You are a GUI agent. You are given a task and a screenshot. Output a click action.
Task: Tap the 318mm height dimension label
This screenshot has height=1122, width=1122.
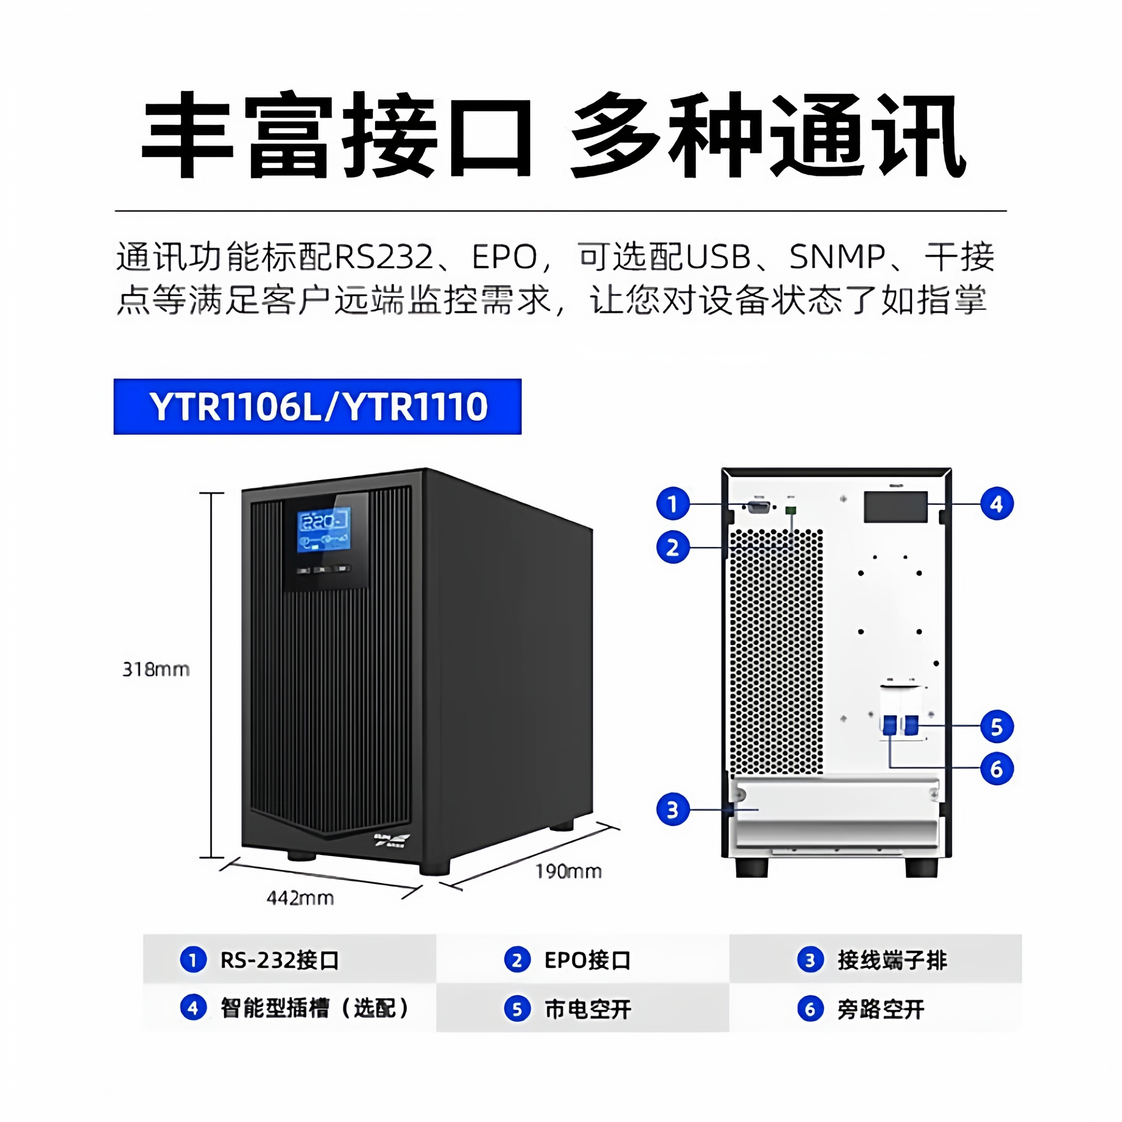[x=156, y=670]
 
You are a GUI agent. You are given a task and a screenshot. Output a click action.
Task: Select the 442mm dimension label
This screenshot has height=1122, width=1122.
[x=300, y=898]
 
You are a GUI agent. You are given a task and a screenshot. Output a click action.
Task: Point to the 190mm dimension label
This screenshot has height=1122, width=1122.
[x=568, y=871]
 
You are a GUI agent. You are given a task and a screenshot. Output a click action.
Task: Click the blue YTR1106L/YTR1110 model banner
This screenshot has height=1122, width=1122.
[x=317, y=406]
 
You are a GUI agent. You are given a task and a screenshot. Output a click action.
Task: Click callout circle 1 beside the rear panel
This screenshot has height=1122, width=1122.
[x=672, y=503]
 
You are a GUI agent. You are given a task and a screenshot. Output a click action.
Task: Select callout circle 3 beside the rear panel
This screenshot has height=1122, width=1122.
[x=672, y=810]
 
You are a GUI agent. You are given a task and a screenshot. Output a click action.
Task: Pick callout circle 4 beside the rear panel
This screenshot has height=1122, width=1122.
[x=997, y=503]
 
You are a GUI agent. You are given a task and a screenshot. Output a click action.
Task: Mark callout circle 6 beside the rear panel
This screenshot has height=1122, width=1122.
[x=997, y=769]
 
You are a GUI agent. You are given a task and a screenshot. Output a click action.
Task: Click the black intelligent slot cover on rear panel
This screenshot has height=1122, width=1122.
[x=895, y=507]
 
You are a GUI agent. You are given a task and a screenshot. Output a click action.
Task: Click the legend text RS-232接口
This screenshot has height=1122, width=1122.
[x=279, y=961]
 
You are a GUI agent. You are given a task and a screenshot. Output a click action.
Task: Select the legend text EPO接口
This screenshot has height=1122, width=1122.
[x=587, y=961]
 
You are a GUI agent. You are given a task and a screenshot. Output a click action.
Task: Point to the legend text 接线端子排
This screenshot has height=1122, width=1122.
[x=892, y=961]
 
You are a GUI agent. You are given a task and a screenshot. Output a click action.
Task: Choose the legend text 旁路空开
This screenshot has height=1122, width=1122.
[x=880, y=1010]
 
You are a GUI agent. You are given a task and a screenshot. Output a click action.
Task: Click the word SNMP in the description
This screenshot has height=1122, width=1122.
[x=837, y=257]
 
